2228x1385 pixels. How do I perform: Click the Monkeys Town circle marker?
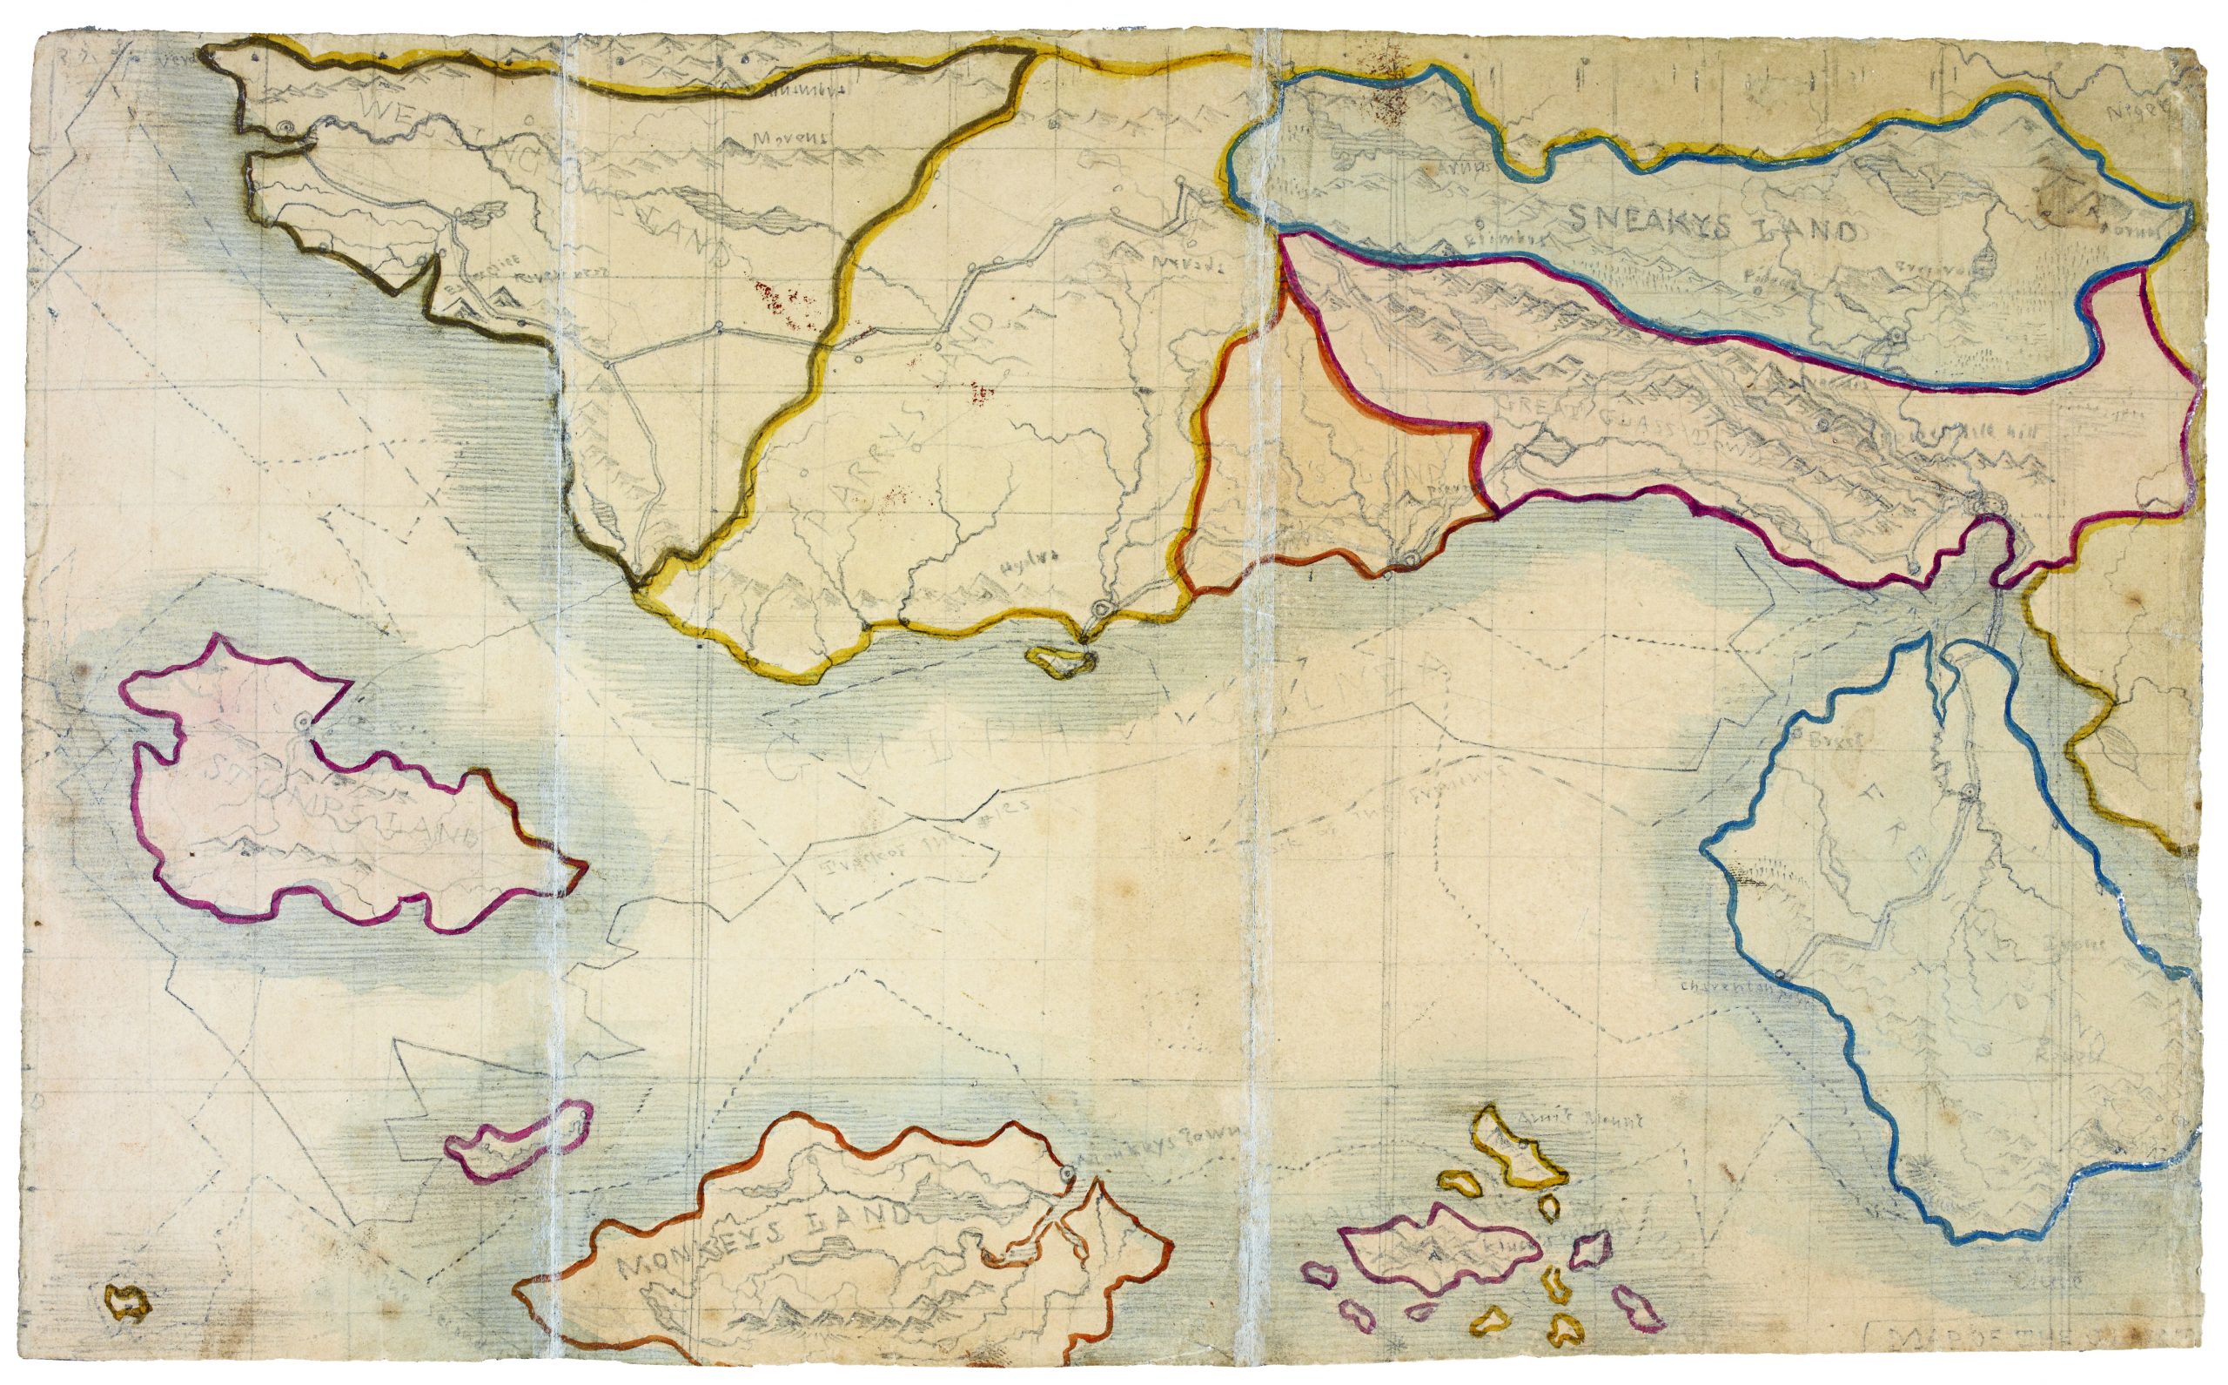[x=1066, y=1173]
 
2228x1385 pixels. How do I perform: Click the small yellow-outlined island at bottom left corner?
[x=127, y=1301]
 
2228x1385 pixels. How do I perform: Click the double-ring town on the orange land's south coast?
[x=1411, y=559]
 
